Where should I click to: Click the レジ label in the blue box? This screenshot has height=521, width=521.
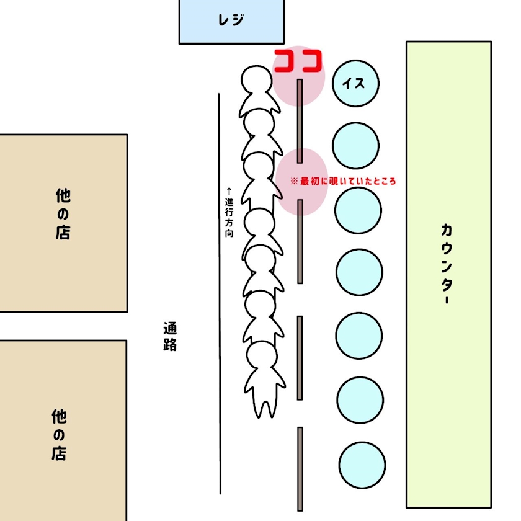pyautogui.click(x=231, y=20)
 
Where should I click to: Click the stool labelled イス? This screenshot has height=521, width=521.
pyautogui.click(x=355, y=83)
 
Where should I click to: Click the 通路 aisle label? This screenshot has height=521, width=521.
pyautogui.click(x=170, y=336)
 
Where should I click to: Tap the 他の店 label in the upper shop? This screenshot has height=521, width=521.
pyautogui.click(x=63, y=214)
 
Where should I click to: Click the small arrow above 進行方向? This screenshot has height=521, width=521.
pyautogui.click(x=229, y=190)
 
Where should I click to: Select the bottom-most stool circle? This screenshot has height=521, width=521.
pyautogui.click(x=362, y=465)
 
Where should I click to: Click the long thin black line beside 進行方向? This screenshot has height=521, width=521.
pyautogui.click(x=220, y=310)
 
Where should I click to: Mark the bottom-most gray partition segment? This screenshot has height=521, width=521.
pyautogui.click(x=300, y=468)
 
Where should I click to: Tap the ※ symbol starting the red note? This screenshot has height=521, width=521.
pyautogui.click(x=295, y=182)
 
